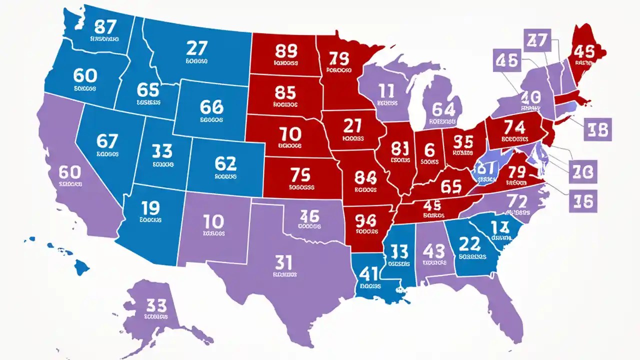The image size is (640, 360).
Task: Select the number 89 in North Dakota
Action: click(286, 51)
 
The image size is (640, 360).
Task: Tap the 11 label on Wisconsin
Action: click(387, 91)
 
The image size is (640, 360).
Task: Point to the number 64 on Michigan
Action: click(443, 108)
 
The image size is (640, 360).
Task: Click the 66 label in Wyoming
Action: click(211, 106)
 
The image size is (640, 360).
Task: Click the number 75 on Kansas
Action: click(300, 175)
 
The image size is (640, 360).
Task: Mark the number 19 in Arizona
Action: click(150, 206)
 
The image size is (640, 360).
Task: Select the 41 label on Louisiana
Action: click(368, 273)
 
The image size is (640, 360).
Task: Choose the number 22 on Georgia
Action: click(470, 243)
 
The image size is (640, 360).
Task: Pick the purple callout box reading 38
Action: click(597, 130)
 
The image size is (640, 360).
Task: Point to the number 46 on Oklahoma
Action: click(309, 216)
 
